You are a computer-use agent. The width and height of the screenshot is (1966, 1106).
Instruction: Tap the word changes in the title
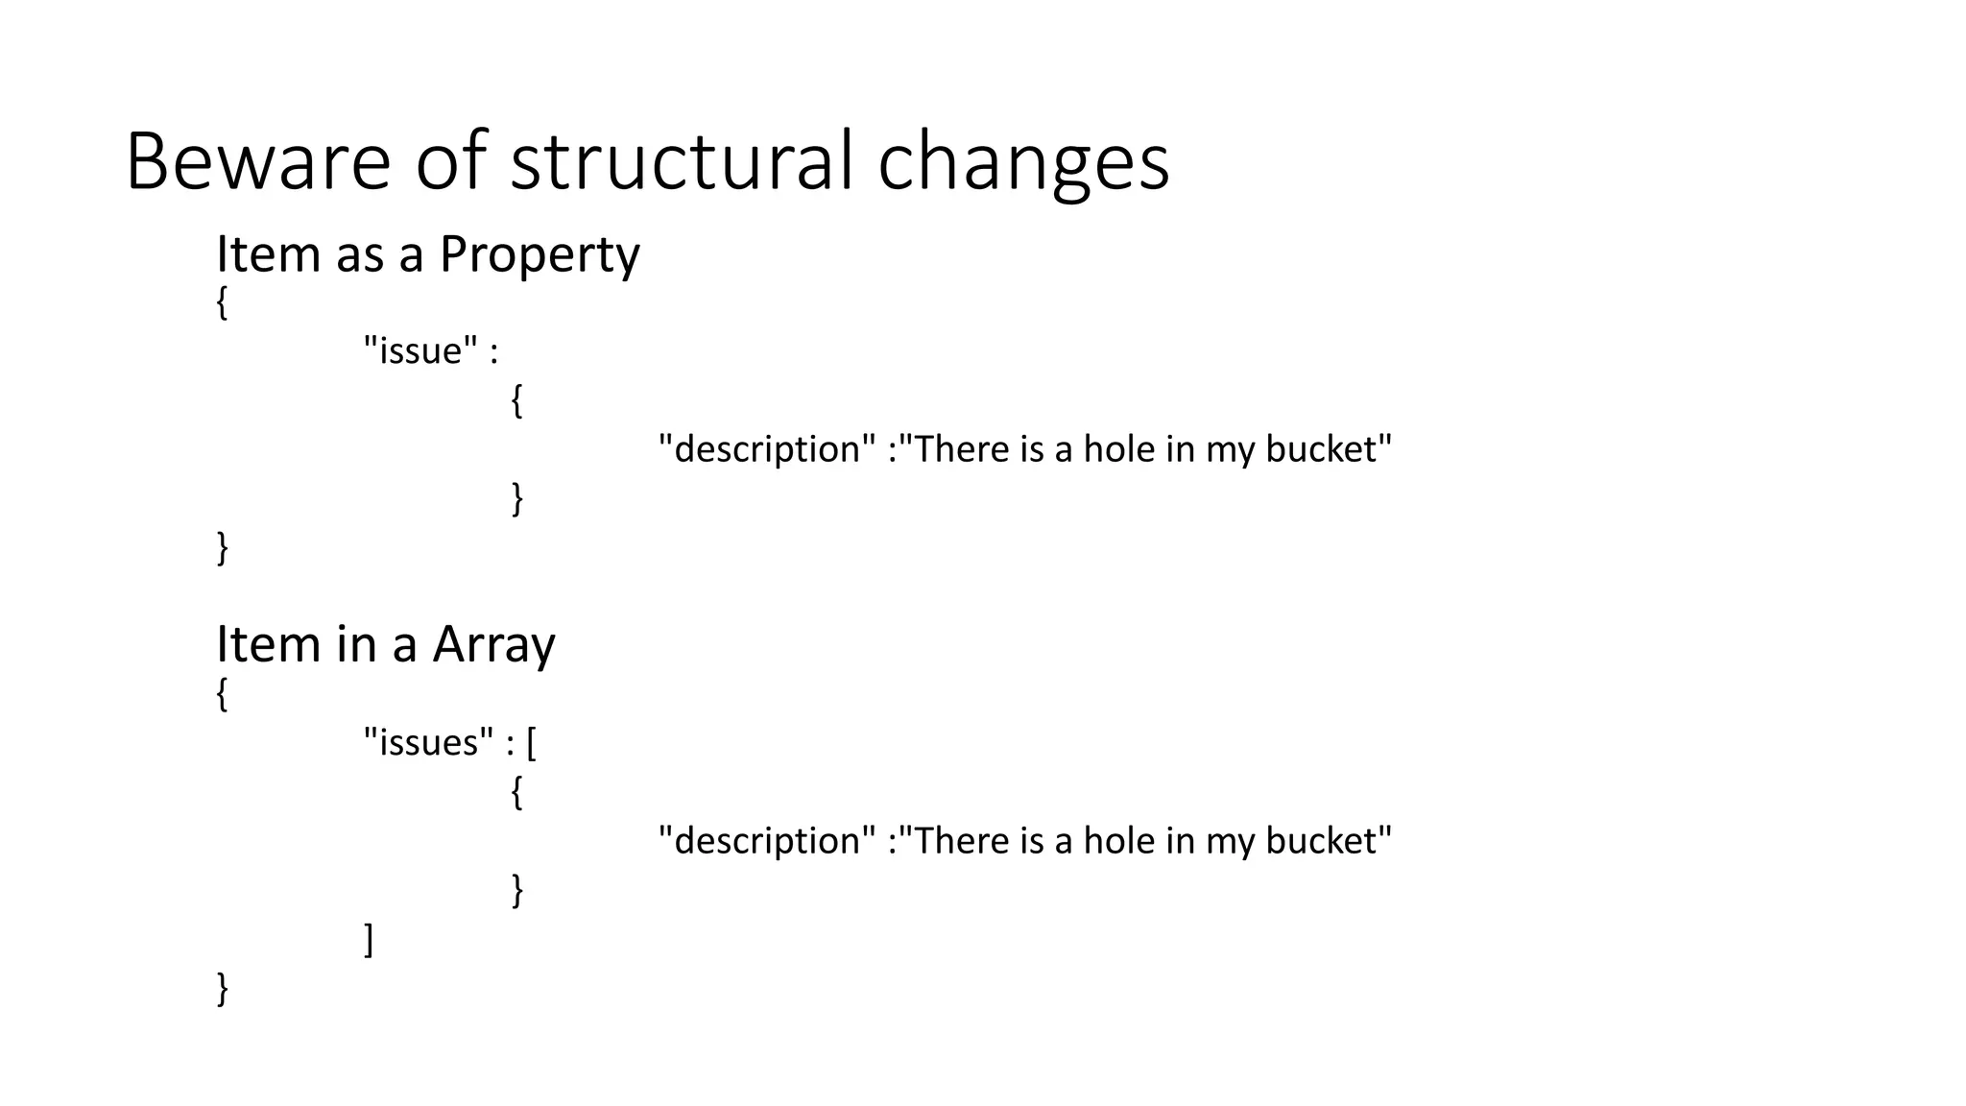pyautogui.click(x=1023, y=163)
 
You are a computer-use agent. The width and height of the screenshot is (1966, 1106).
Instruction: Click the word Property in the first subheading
pyautogui.click(x=539, y=255)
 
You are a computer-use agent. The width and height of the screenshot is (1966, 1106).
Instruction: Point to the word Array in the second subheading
pyautogui.click(x=493, y=644)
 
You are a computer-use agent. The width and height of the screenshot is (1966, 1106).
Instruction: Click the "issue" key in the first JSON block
pyautogui.click(x=420, y=350)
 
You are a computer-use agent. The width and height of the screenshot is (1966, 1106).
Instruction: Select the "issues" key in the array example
pyautogui.click(x=428, y=742)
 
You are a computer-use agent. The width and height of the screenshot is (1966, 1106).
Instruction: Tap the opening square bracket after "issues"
pyautogui.click(x=532, y=742)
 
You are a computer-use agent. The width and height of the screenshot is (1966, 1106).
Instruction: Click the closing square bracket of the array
pyautogui.click(x=369, y=939)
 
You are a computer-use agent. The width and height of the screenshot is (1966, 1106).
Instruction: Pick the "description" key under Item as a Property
pyautogui.click(x=767, y=449)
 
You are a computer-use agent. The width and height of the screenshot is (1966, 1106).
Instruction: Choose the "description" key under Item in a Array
pyautogui.click(x=767, y=841)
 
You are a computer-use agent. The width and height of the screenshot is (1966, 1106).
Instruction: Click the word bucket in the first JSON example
pyautogui.click(x=1328, y=449)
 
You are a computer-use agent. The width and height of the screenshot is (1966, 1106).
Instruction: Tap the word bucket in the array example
pyautogui.click(x=1328, y=841)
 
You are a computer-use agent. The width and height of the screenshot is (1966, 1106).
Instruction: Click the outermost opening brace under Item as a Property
pyautogui.click(x=222, y=303)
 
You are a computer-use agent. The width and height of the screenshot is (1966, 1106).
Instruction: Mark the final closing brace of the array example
pyautogui.click(x=223, y=988)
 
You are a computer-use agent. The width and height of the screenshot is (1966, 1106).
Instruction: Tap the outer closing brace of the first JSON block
pyautogui.click(x=223, y=548)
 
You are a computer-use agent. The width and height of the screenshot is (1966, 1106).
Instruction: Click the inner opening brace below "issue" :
pyautogui.click(x=516, y=400)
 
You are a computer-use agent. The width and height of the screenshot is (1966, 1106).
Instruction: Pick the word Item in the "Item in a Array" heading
pyautogui.click(x=268, y=644)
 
